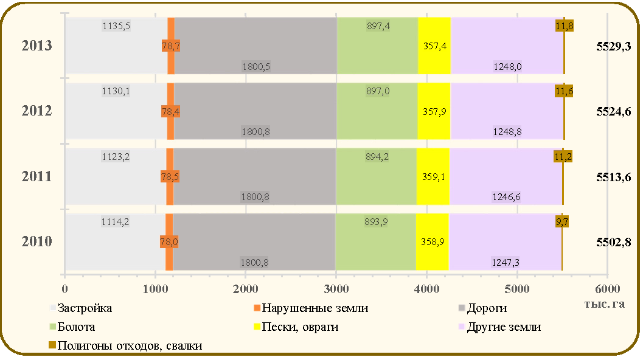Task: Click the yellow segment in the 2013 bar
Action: click(x=434, y=46)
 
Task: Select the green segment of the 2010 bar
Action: click(x=375, y=242)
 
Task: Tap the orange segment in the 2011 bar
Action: click(x=170, y=177)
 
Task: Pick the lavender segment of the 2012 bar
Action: click(x=507, y=111)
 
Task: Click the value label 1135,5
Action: click(x=116, y=26)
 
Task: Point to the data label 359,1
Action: click(x=434, y=177)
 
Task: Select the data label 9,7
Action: click(x=562, y=222)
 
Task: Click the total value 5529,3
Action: click(x=613, y=46)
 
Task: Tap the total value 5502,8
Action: click(x=613, y=242)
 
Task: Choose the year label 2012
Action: click(x=37, y=111)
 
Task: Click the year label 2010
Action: click(x=37, y=241)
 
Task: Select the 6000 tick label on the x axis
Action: click(x=607, y=289)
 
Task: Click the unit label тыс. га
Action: click(x=605, y=304)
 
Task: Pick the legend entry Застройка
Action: click(x=81, y=308)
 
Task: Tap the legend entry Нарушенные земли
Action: click(x=311, y=308)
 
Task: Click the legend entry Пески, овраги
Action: click(x=296, y=327)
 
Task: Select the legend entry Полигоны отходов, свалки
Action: click(x=125, y=345)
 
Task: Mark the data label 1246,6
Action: click(x=506, y=197)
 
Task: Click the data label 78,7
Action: click(x=170, y=46)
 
